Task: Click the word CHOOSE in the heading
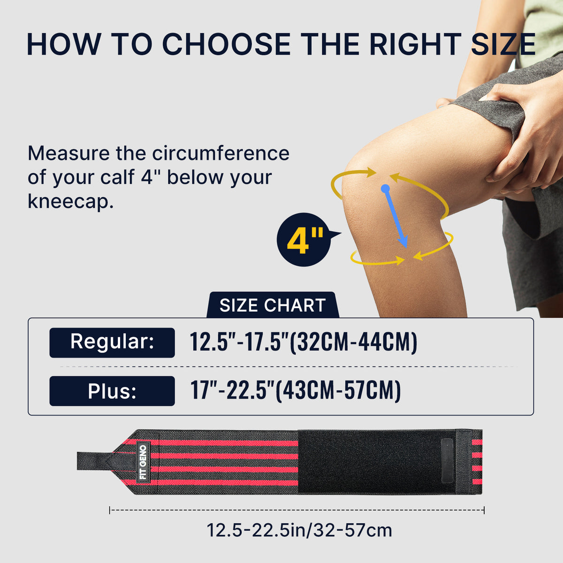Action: tap(226, 44)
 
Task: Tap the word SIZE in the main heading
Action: tap(503, 44)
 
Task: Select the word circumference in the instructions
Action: tap(221, 153)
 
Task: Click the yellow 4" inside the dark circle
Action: tap(305, 241)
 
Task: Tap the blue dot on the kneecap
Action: tap(385, 189)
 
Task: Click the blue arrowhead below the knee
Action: tap(403, 242)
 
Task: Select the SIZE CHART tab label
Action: tap(273, 305)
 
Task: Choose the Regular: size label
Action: tap(112, 342)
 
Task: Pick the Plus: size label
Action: tap(112, 391)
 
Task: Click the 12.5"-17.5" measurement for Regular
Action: tap(239, 342)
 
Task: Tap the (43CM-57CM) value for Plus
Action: tap(338, 391)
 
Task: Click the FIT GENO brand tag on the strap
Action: tap(143, 462)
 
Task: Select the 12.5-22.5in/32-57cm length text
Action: tap(299, 530)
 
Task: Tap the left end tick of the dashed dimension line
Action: tap(110, 510)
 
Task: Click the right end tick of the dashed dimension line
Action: tap(484, 510)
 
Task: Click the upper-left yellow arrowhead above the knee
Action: tap(371, 172)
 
